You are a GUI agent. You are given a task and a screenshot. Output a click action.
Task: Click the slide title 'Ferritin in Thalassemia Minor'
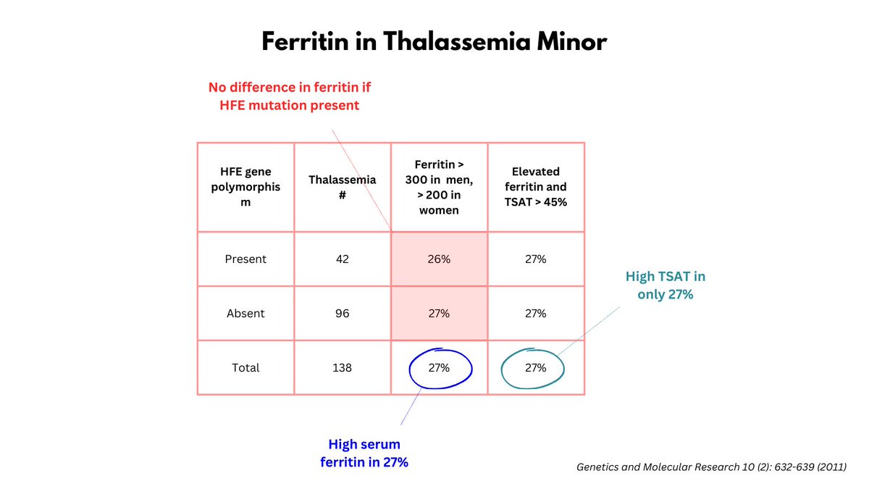point(434,42)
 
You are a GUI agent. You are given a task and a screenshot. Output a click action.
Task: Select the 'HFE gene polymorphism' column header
point(245,187)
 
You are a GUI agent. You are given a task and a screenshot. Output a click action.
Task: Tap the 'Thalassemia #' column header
point(343,187)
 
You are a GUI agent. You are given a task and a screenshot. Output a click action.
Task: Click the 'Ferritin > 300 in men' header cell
point(439,187)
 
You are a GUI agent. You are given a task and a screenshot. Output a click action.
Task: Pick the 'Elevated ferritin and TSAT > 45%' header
point(536,187)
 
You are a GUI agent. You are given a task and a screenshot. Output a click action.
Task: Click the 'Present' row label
point(245,259)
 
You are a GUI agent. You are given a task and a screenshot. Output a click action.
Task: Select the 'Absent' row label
point(245,313)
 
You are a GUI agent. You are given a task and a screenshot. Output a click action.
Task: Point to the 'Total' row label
point(245,367)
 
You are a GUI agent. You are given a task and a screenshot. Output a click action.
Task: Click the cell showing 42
point(343,259)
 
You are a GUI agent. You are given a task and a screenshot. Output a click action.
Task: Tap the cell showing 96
point(343,313)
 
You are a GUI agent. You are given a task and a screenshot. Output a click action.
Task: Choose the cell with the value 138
point(343,367)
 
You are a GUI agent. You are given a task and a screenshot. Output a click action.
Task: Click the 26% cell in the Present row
point(439,259)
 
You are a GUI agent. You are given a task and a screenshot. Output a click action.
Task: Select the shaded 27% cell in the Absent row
point(439,313)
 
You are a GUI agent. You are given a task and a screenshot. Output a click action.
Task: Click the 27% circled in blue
point(439,367)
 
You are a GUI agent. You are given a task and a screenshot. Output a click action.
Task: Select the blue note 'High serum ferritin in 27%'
point(364,453)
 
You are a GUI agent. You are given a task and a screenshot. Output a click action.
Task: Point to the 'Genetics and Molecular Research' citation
point(711,467)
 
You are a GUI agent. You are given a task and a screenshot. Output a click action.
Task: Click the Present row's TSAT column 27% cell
point(536,259)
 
